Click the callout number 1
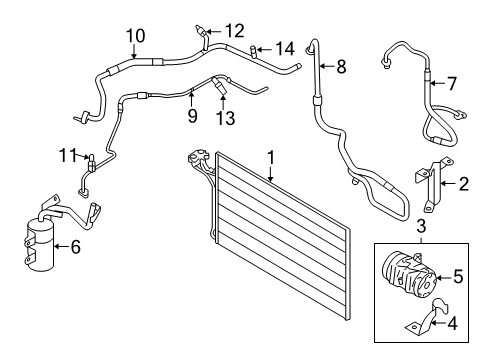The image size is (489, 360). coord(271,158)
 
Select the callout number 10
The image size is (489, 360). coord(136,36)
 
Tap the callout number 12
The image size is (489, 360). coord(235,31)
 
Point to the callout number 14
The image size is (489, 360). coord(285,49)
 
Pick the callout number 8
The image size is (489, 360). coord(341,67)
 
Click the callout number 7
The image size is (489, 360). coord(451,83)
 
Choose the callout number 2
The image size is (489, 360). coord(464,184)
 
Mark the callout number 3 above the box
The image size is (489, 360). coord(421,226)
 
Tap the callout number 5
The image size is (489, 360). coord(458,276)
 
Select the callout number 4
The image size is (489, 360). coord(452,323)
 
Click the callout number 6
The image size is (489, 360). coord(76,247)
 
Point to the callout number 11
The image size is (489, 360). coord(68,155)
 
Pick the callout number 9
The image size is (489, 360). coord(192,116)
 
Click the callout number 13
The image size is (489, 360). coord(226,118)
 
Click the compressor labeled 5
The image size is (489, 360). coord(408,274)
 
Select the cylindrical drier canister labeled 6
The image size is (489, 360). coord(40,244)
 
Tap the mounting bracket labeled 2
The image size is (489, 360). coord(433,184)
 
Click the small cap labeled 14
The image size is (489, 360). coord(253,51)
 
